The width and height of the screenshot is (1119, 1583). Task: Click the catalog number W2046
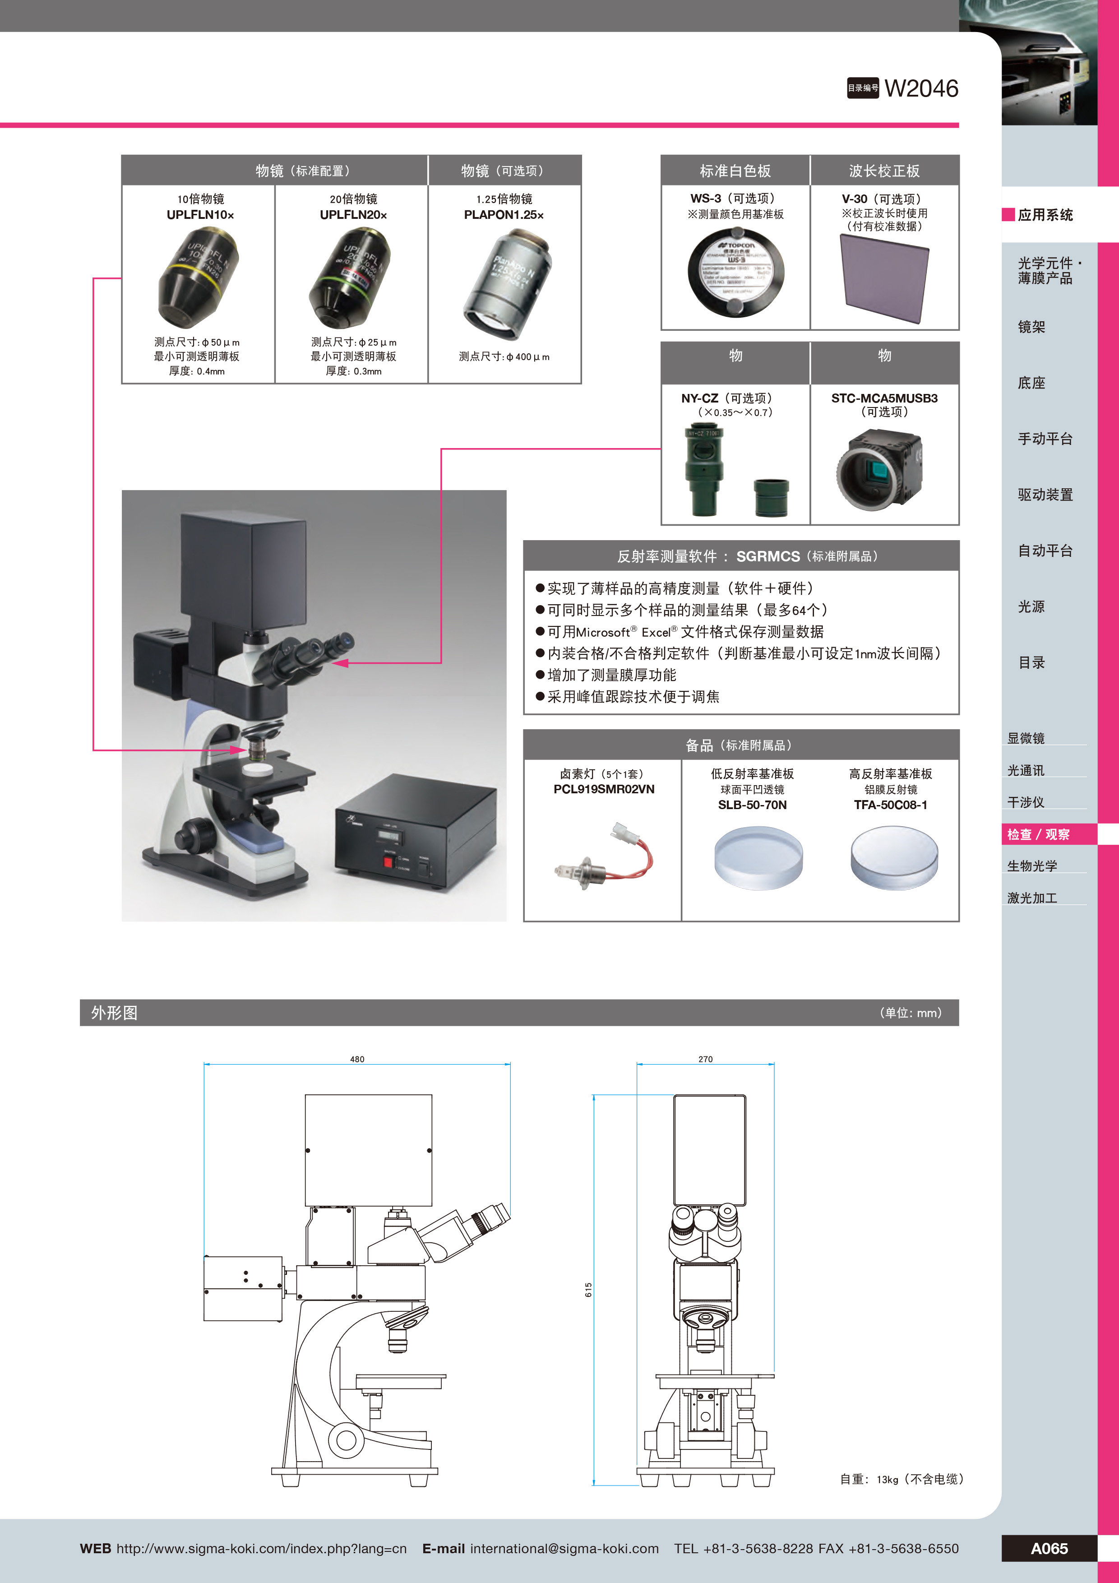coord(920,88)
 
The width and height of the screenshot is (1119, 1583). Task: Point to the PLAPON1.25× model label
coord(504,214)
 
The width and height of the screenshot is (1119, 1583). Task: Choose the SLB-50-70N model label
coord(752,805)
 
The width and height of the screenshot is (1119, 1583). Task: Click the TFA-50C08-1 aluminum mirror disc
coord(894,858)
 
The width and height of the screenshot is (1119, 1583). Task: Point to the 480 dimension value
coord(357,1059)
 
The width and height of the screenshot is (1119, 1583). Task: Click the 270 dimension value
coord(705,1059)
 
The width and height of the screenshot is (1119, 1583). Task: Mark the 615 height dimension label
coord(588,1289)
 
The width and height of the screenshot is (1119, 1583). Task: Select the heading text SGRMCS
coord(768,556)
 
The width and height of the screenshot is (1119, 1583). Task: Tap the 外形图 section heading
coord(115,1013)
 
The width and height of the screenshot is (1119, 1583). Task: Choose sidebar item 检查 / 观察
coord(1038,834)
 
